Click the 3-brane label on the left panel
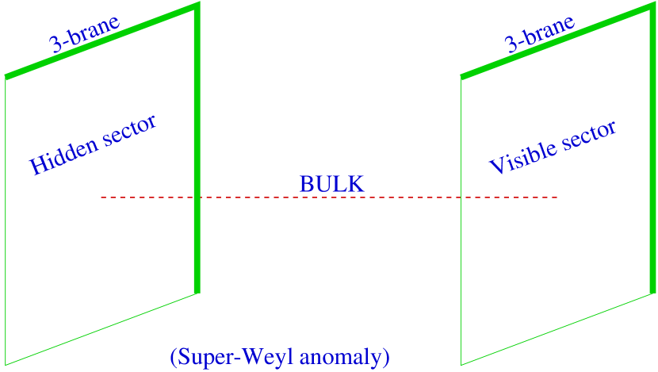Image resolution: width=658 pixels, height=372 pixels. (85, 33)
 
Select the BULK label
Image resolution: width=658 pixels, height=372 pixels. (331, 184)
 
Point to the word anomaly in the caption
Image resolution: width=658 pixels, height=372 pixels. (346, 357)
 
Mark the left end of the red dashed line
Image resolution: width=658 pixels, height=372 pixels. (101, 197)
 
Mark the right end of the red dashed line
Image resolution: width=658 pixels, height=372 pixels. (557, 197)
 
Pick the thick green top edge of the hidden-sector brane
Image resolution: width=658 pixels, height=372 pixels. (101, 40)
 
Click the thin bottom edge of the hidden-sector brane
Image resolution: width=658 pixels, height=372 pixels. (101, 330)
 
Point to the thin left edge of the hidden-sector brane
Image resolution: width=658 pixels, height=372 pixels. (6, 222)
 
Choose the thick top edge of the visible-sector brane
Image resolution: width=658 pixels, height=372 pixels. (559, 40)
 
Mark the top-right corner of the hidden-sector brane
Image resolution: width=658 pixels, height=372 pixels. (197, 5)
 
